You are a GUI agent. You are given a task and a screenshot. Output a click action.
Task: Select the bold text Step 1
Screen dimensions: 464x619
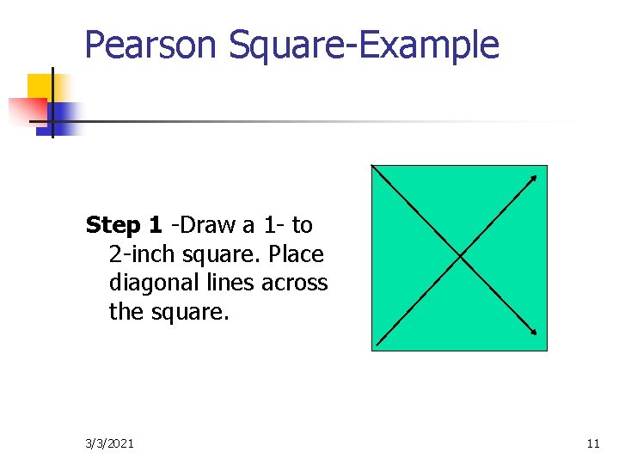point(124,226)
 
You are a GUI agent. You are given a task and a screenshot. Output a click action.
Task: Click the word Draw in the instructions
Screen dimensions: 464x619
point(207,226)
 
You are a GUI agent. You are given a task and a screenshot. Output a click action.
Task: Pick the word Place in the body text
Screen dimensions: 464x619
point(296,255)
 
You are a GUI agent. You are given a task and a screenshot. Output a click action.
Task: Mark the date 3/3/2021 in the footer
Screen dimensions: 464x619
point(109,443)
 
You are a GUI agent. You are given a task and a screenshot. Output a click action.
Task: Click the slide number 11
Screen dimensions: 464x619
point(592,443)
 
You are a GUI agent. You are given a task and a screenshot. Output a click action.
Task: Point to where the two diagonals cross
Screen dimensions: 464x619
point(460,256)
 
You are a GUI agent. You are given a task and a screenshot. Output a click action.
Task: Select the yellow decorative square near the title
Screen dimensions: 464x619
point(40,87)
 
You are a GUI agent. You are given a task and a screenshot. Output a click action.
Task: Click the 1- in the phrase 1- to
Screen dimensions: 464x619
point(274,226)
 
